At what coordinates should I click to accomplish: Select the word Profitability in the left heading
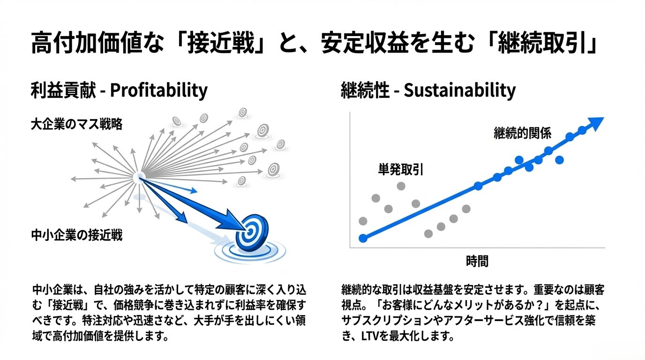click(158, 90)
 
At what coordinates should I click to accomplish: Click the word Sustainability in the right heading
click(459, 90)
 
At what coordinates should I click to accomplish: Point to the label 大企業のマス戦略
click(76, 125)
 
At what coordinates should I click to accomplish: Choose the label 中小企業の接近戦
click(76, 235)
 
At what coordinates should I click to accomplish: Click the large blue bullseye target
click(251, 233)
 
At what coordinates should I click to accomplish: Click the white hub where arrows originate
click(139, 177)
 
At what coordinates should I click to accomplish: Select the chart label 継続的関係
click(522, 134)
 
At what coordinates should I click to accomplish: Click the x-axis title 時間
click(477, 261)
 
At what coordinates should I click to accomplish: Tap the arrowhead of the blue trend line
click(596, 123)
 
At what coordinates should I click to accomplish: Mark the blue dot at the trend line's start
click(363, 238)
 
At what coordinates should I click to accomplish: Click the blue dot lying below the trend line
click(559, 160)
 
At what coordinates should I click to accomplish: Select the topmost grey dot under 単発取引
click(401, 186)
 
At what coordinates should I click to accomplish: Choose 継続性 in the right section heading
click(365, 90)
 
